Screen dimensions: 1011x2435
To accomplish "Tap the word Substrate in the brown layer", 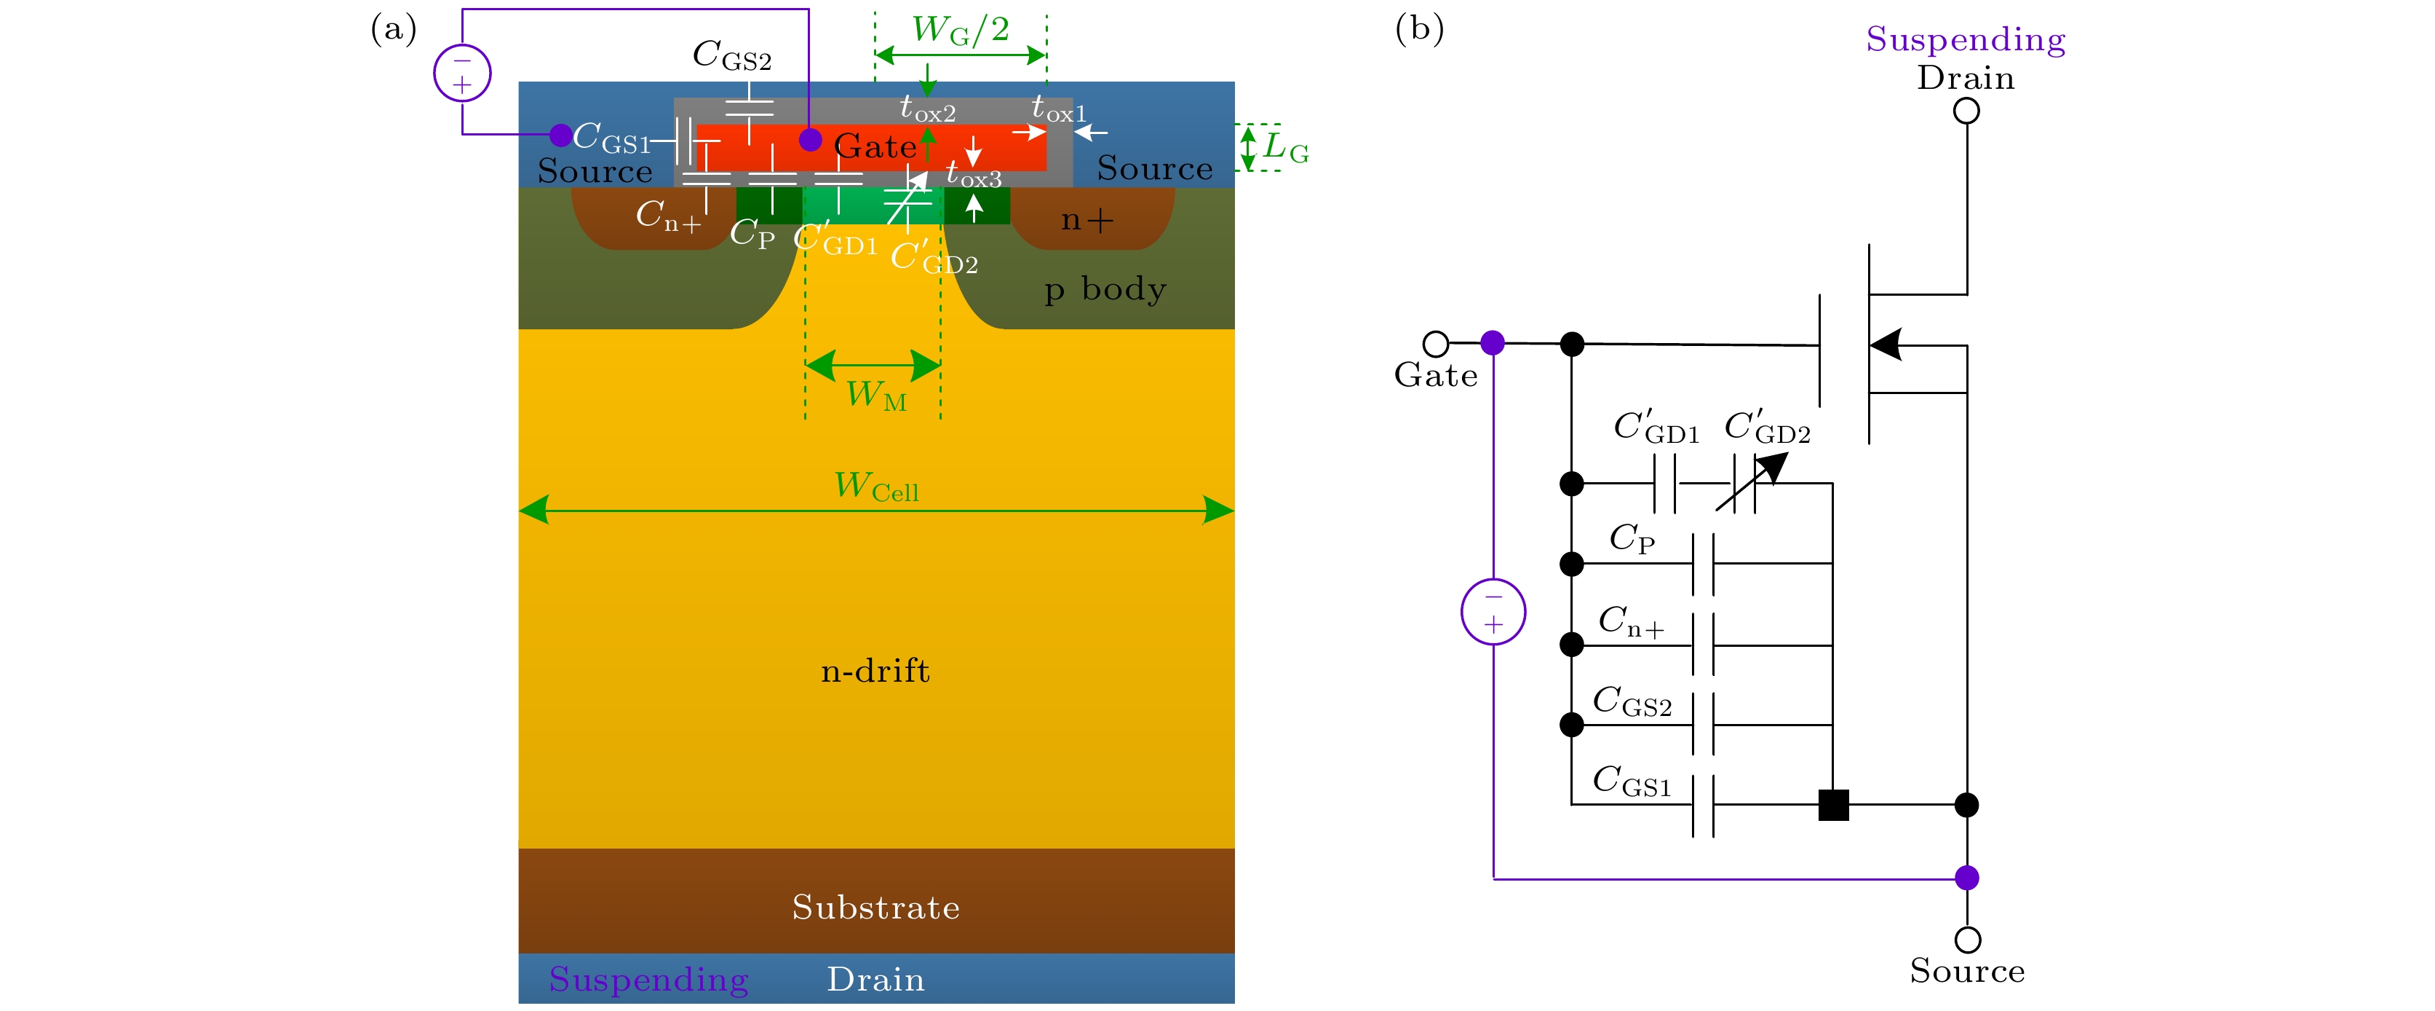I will tap(875, 907).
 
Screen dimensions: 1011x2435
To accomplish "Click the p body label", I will tap(1105, 288).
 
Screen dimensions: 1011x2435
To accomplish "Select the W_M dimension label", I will tap(875, 396).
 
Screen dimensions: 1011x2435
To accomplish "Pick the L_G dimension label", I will tap(1286, 149).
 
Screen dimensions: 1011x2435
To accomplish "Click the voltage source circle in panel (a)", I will tap(462, 74).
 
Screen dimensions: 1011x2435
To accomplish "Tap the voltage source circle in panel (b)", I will tap(1493, 611).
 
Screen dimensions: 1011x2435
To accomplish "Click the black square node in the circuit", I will tap(1834, 805).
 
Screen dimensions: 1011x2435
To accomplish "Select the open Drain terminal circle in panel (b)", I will tap(1966, 111).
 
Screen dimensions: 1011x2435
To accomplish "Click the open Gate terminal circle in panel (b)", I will tap(1435, 342).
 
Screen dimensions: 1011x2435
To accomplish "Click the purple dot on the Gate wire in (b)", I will tap(1493, 342).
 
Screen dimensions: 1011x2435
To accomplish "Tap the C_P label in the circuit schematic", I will tap(1632, 538).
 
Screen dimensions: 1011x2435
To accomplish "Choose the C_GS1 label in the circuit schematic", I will tap(1632, 781).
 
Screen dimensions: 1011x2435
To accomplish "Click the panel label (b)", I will tap(1419, 28).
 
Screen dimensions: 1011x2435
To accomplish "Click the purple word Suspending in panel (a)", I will tap(648, 979).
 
